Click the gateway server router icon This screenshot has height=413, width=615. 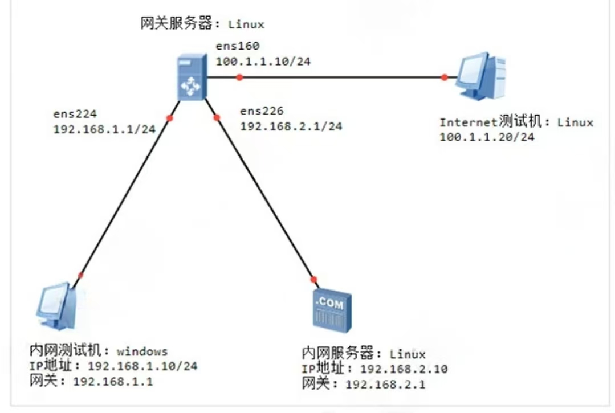(190, 78)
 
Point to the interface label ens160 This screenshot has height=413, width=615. (237, 46)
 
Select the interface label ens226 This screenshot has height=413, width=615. (262, 111)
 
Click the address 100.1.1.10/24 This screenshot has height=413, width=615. (263, 61)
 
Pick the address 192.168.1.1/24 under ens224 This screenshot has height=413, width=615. (104, 129)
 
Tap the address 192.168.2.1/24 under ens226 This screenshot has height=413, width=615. (291, 126)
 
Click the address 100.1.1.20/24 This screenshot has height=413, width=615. (487, 137)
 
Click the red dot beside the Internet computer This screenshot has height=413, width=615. (445, 77)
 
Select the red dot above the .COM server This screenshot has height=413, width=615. (313, 279)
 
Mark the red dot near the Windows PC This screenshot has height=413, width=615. (81, 275)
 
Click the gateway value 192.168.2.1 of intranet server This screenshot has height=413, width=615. (385, 384)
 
